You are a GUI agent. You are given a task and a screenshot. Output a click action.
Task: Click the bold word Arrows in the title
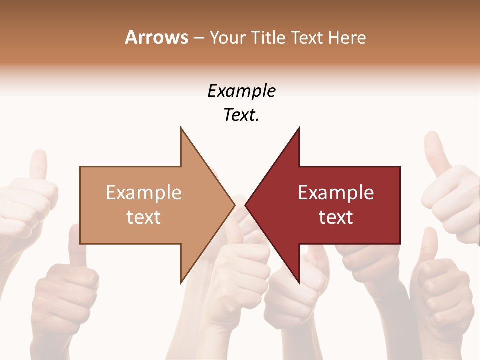click(156, 37)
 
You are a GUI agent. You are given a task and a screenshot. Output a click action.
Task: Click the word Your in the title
click(227, 38)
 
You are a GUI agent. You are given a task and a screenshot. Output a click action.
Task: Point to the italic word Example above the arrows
click(241, 91)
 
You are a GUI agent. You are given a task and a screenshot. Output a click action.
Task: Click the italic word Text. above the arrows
click(241, 115)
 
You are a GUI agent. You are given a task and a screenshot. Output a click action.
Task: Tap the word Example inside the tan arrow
click(144, 192)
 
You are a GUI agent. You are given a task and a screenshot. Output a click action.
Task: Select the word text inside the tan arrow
click(144, 217)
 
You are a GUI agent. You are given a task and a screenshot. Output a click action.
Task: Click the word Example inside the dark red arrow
click(336, 192)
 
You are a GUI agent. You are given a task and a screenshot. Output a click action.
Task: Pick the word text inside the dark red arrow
click(336, 217)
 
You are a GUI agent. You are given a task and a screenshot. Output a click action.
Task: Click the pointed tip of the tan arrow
click(234, 205)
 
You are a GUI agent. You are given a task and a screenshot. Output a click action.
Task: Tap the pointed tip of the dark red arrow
click(246, 205)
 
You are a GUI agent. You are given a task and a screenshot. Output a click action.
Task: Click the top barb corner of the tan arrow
click(181, 128)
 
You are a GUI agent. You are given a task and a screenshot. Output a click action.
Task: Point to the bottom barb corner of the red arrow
click(299, 282)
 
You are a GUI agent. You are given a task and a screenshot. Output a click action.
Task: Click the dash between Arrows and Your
click(198, 38)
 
